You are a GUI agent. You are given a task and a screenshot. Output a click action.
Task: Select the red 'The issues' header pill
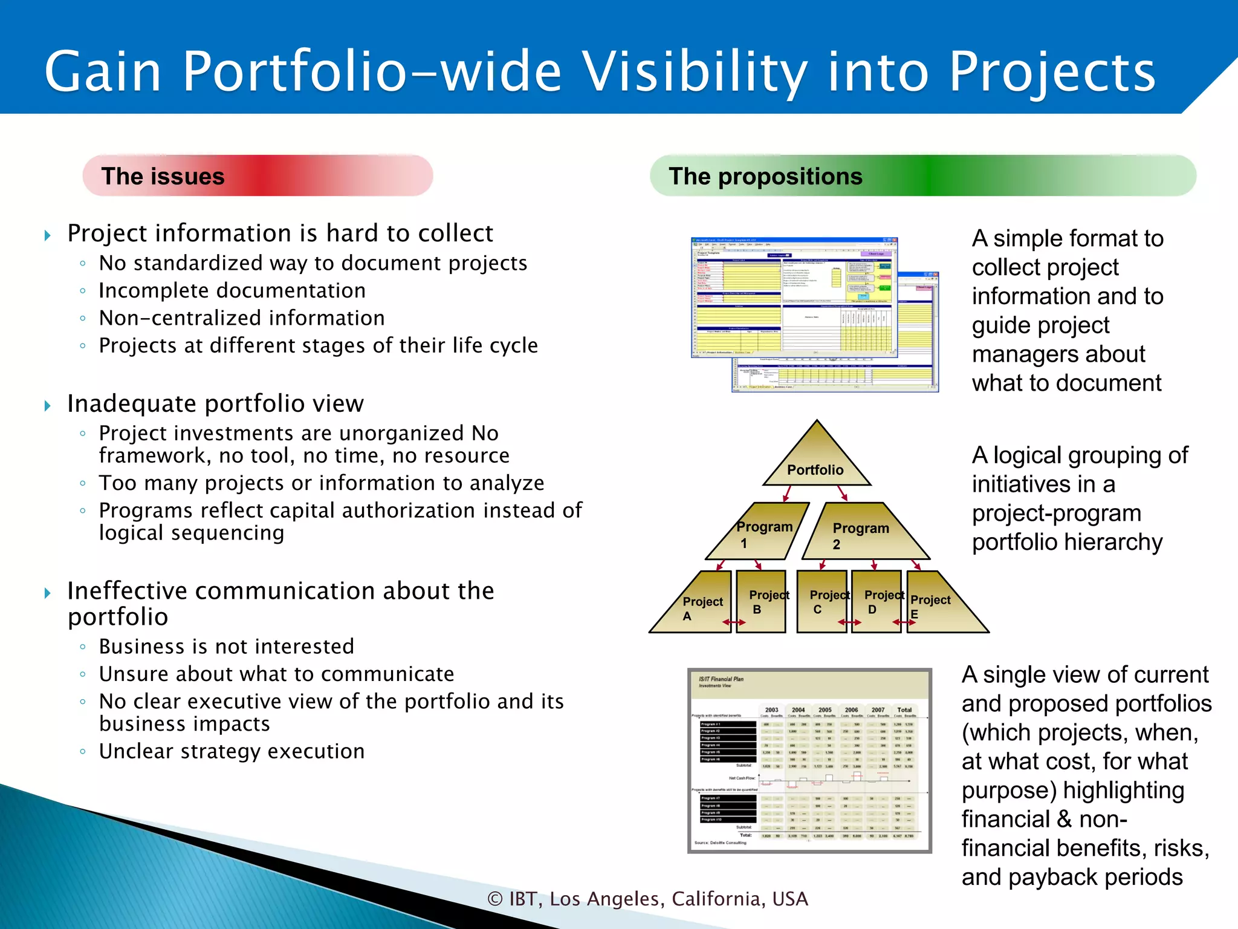[258, 176]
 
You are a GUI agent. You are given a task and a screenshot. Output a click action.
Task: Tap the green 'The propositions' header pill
[922, 176]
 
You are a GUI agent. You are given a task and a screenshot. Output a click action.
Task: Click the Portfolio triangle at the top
[816, 463]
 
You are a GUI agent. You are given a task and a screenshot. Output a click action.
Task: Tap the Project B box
[761, 602]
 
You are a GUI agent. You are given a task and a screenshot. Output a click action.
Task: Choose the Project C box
[822, 602]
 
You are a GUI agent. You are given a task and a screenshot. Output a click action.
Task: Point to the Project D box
[876, 602]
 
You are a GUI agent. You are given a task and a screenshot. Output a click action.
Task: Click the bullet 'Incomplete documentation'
[232, 291]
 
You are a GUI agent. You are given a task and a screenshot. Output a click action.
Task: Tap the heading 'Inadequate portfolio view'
[215, 404]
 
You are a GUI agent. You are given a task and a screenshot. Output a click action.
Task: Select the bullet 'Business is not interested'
[227, 647]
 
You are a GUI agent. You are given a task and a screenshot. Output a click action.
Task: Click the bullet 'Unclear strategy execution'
[232, 751]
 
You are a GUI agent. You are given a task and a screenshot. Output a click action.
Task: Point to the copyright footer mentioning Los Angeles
[648, 899]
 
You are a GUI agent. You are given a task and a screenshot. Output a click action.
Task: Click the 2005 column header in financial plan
[825, 710]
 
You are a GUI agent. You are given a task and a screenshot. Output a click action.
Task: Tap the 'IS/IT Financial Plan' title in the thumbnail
[721, 679]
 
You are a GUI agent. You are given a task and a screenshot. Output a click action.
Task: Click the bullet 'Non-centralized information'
[242, 318]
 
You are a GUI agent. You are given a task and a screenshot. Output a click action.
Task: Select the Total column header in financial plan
[904, 710]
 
